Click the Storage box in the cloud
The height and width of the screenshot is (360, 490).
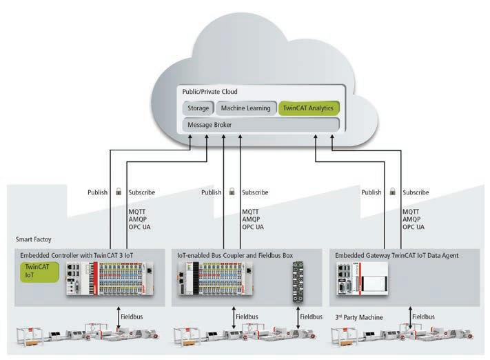pos(198,108)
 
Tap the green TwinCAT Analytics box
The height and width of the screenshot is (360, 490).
pos(308,108)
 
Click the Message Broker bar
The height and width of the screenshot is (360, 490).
pos(261,125)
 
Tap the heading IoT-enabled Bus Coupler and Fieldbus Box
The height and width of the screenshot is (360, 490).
pos(234,255)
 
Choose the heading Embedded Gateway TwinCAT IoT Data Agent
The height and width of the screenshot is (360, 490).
pos(396,255)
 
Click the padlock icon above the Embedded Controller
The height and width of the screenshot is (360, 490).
pos(118,192)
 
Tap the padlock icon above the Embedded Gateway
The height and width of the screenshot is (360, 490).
pos(393,192)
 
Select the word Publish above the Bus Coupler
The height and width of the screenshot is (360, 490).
pos(212,192)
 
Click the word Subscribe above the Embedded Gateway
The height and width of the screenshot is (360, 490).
pos(416,192)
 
